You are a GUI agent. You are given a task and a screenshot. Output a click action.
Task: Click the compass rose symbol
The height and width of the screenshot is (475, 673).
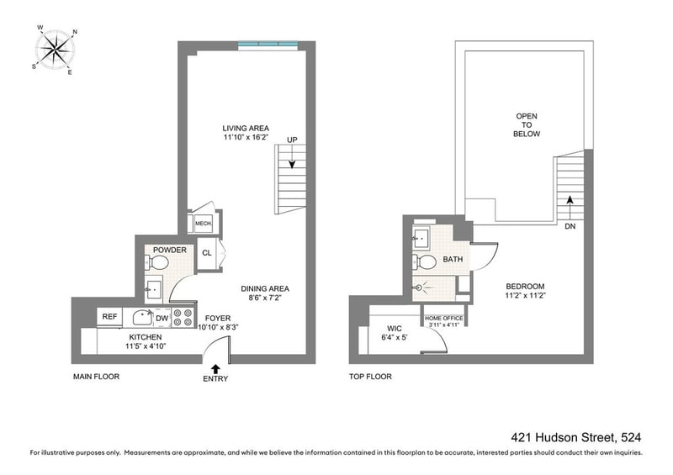click(x=55, y=50)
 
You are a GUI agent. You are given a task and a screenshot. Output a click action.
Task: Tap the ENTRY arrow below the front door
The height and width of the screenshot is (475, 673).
click(x=215, y=369)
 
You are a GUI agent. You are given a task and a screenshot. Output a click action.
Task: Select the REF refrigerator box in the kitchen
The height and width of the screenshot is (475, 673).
click(x=109, y=317)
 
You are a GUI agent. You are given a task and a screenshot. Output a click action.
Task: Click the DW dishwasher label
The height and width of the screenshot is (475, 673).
click(x=162, y=319)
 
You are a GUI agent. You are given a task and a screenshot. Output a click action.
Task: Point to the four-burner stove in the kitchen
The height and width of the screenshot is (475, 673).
click(x=183, y=318)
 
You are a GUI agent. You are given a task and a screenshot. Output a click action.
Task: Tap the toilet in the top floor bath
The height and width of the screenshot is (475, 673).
click(x=425, y=261)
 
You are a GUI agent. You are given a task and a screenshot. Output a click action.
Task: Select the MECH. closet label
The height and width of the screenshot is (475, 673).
click(x=204, y=224)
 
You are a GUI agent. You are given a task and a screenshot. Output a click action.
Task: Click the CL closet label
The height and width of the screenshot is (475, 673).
click(x=207, y=253)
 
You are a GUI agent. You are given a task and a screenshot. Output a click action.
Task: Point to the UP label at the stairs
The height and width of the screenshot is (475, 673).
click(x=292, y=140)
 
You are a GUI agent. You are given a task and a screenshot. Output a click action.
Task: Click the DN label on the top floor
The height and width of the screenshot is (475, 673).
click(x=570, y=226)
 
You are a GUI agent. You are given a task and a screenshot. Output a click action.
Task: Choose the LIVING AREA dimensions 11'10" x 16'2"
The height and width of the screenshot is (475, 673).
click(x=246, y=137)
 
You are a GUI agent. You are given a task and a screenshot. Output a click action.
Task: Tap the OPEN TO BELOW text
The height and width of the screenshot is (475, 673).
click(x=527, y=125)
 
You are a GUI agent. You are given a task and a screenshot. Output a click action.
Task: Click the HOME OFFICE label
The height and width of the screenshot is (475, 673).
click(x=444, y=319)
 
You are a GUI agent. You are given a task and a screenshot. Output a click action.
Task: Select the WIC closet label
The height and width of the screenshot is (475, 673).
click(x=394, y=329)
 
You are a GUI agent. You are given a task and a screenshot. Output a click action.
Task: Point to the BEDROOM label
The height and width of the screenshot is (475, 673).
click(x=525, y=286)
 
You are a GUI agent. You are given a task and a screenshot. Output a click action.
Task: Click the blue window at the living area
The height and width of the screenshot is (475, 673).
click(x=268, y=44)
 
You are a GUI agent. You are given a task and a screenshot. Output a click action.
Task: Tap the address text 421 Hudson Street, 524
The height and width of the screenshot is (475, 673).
click(x=576, y=437)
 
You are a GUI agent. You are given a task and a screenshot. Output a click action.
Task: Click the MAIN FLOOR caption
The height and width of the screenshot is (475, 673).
click(x=96, y=377)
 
